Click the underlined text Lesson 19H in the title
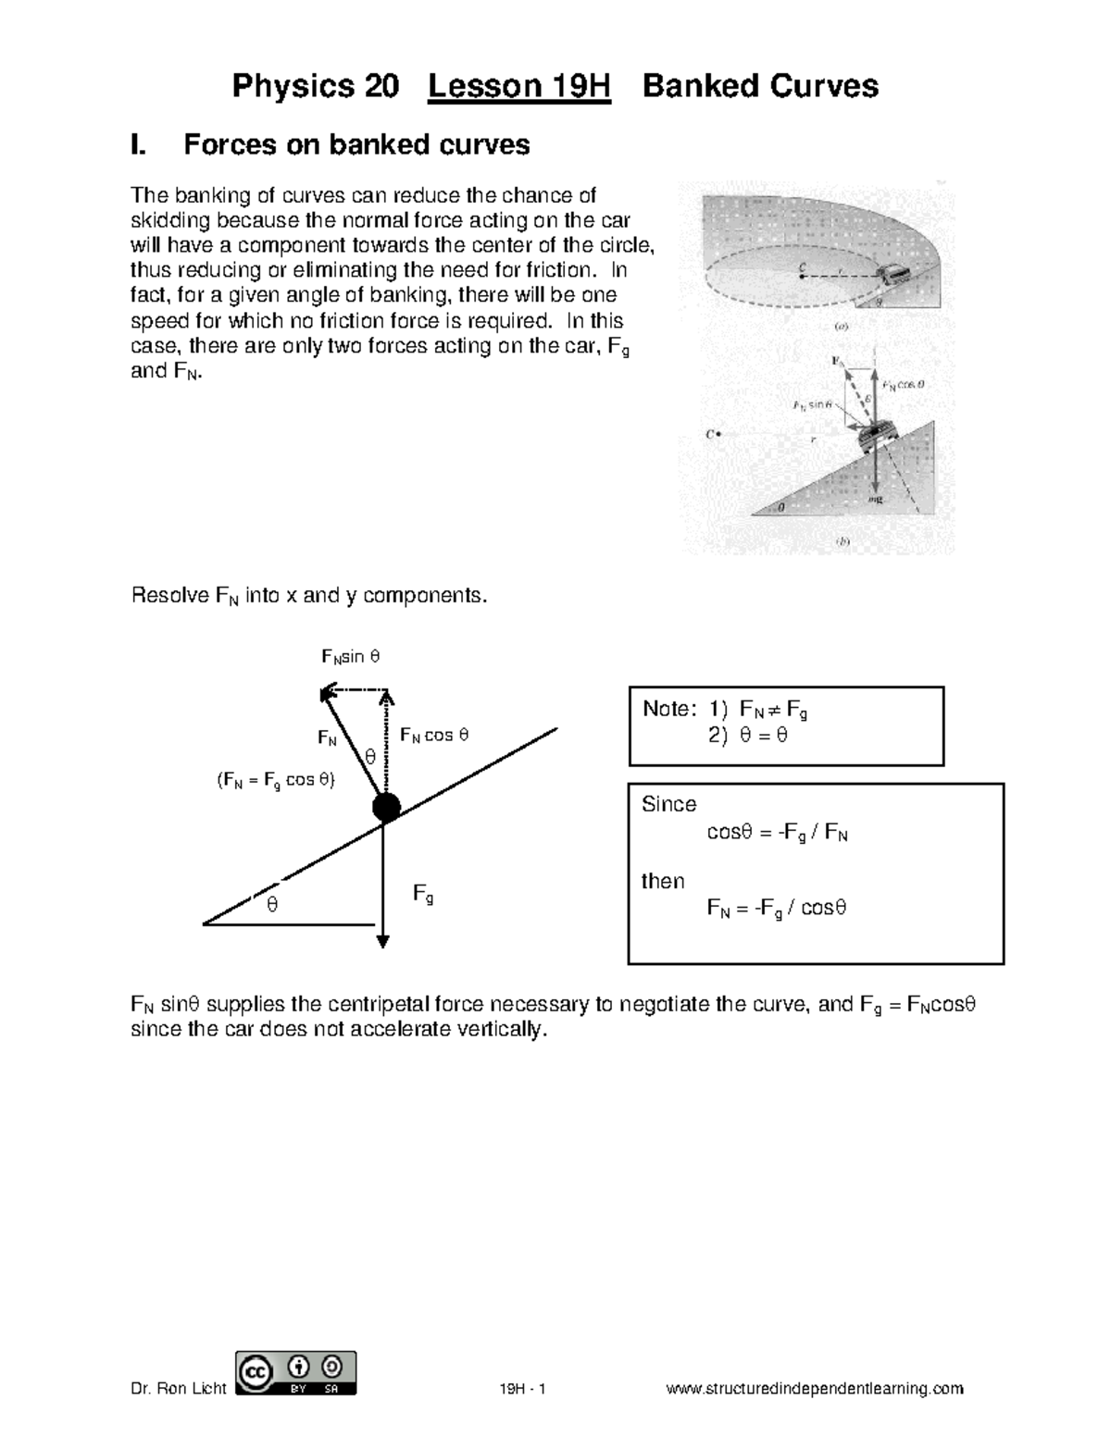pyautogui.click(x=518, y=86)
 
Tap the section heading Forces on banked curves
pyautogui.click(x=356, y=144)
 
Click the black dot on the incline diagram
pyautogui.click(x=386, y=807)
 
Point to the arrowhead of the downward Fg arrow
pyautogui.click(x=382, y=940)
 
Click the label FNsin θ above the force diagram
pyautogui.click(x=350, y=657)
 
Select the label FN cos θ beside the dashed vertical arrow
pyautogui.click(x=433, y=736)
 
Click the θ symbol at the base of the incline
pyautogui.click(x=271, y=905)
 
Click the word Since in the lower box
pyautogui.click(x=668, y=804)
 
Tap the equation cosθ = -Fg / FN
pyautogui.click(x=777, y=833)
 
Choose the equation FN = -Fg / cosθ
pyautogui.click(x=777, y=908)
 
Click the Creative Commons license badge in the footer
pyautogui.click(x=296, y=1373)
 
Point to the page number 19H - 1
pyautogui.click(x=523, y=1388)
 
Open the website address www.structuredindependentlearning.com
pyautogui.click(x=815, y=1388)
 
